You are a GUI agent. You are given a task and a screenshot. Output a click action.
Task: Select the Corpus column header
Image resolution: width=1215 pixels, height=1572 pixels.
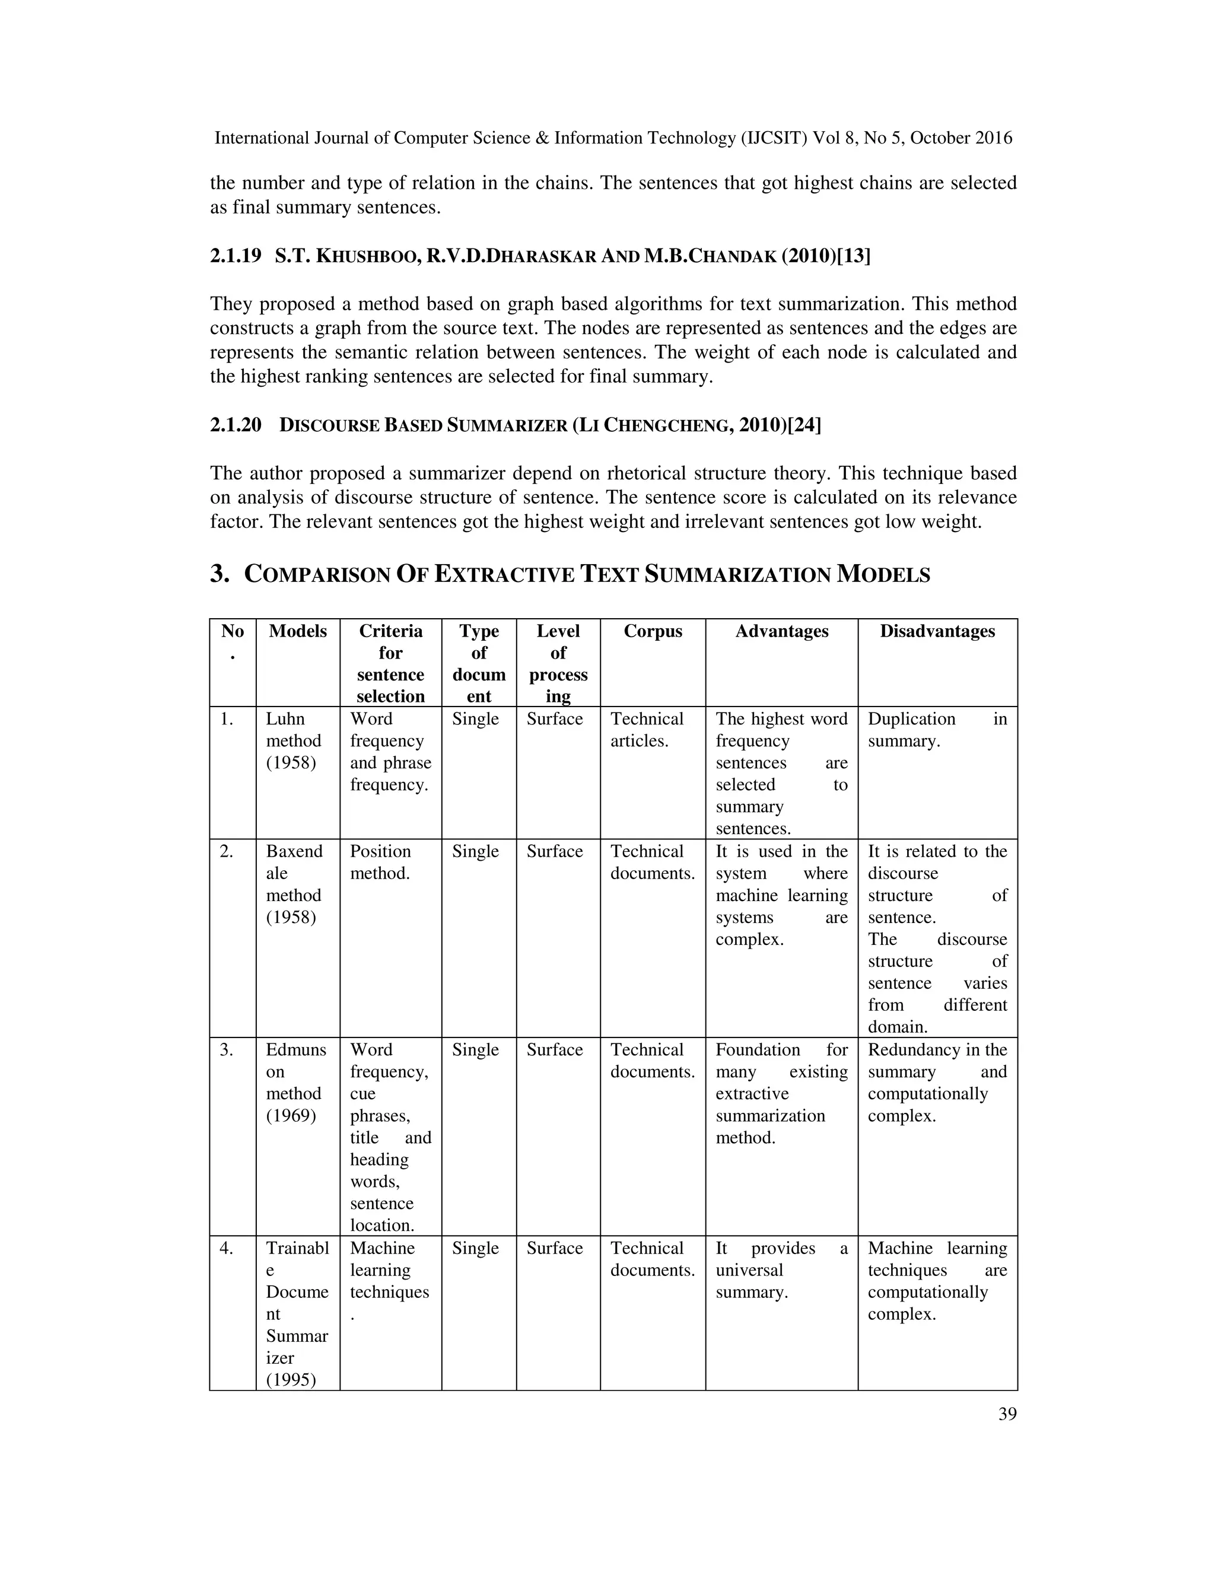[652, 631]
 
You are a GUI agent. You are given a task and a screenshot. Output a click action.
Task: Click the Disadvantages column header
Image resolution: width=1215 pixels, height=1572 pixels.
[937, 631]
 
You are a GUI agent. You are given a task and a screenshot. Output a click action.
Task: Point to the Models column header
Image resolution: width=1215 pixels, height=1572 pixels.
[297, 631]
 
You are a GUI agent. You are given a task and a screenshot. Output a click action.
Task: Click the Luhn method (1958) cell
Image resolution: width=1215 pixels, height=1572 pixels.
[294, 741]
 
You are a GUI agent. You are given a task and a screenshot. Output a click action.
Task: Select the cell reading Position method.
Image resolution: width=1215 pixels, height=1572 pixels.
[380, 863]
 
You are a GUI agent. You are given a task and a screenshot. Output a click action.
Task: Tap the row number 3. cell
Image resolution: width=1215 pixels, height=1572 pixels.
[227, 1049]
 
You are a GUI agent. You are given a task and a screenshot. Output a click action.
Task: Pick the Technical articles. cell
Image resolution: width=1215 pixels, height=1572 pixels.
[647, 730]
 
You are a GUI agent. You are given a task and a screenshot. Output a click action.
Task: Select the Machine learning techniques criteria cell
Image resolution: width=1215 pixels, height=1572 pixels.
[389, 1271]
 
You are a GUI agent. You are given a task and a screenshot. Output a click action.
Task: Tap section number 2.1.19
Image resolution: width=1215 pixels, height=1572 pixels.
[236, 256]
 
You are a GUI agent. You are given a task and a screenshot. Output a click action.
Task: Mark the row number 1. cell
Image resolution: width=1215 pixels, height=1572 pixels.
[227, 719]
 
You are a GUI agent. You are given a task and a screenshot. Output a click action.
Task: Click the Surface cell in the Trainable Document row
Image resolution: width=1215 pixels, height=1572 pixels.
[554, 1248]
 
